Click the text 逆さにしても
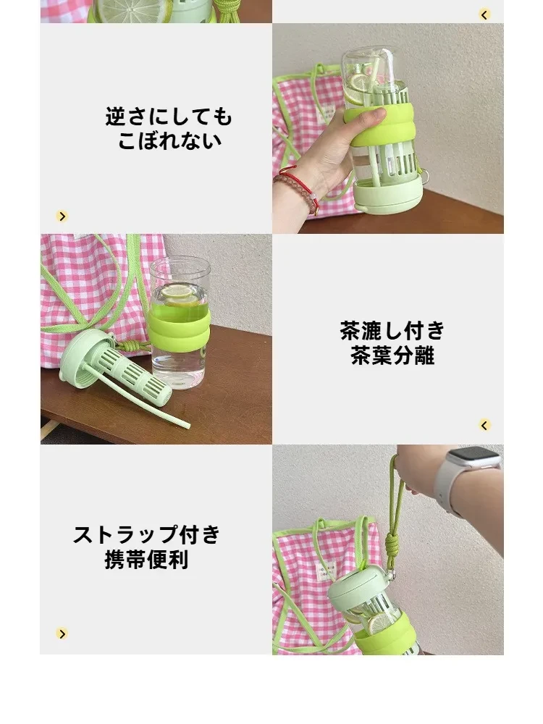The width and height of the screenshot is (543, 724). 169,117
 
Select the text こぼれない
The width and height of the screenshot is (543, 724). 169,141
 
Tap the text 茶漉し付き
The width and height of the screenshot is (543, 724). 392,331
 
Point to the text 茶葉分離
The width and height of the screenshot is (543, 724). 392,355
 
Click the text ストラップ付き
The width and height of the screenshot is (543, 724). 147,535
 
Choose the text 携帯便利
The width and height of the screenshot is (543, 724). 147,560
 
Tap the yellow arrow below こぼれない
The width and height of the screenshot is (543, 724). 62,216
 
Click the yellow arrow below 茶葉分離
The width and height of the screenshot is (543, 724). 484,425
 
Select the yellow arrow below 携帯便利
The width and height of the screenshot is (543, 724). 62,633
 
